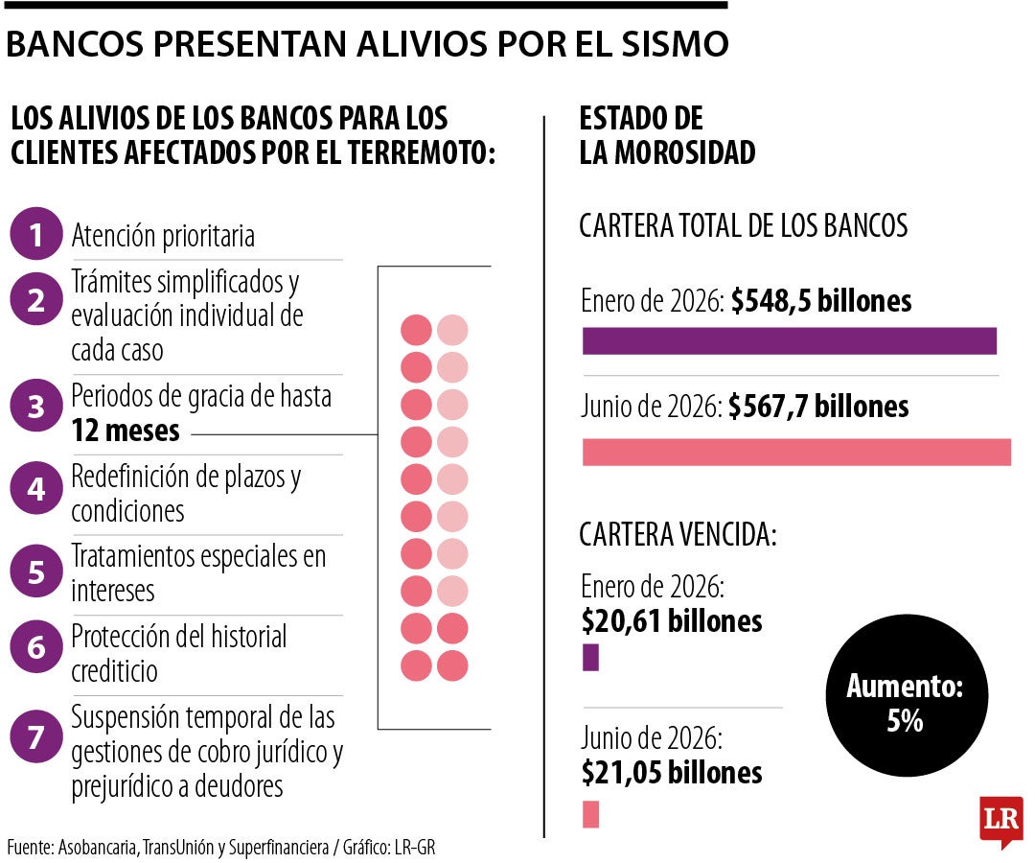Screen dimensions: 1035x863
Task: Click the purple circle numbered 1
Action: pyautogui.click(x=36, y=234)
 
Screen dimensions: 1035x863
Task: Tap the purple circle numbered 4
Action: pyautogui.click(x=36, y=488)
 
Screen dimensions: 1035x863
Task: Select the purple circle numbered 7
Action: pyautogui.click(x=36, y=736)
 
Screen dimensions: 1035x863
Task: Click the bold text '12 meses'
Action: pyautogui.click(x=126, y=431)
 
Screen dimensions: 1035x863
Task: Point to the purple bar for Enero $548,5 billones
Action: pyautogui.click(x=790, y=340)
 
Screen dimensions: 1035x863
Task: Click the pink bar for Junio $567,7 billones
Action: pyautogui.click(x=796, y=453)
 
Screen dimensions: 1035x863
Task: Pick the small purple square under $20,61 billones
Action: pyautogui.click(x=590, y=658)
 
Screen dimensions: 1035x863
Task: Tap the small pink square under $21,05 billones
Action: pyautogui.click(x=590, y=814)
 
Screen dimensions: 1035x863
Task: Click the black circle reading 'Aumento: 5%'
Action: pyautogui.click(x=907, y=695)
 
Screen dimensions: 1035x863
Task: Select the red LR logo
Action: pyautogui.click(x=1001, y=820)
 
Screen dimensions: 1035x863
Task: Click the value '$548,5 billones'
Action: pyautogui.click(x=821, y=301)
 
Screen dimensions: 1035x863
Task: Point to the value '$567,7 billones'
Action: pyautogui.click(x=818, y=407)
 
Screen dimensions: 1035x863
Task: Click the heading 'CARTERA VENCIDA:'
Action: pyautogui.click(x=678, y=534)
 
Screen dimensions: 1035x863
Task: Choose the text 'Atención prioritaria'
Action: pyautogui.click(x=163, y=236)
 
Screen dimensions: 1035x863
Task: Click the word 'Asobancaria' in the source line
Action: pyautogui.click(x=98, y=847)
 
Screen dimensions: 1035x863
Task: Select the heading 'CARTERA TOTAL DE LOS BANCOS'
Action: pyautogui.click(x=744, y=225)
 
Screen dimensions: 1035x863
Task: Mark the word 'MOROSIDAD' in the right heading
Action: pyautogui.click(x=685, y=152)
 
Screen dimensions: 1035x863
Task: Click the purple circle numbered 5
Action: pyautogui.click(x=36, y=571)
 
